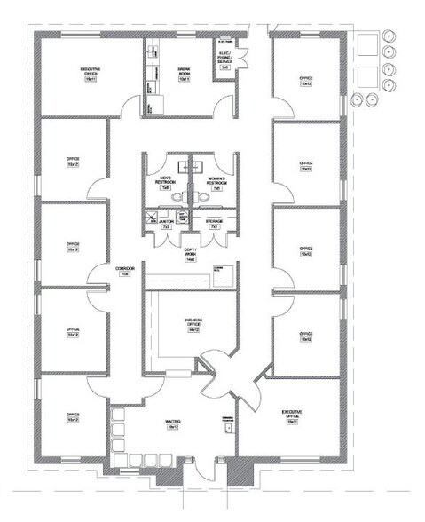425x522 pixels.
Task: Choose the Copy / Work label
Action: [x=190, y=252]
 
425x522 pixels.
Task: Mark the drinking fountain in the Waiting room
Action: [x=229, y=427]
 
